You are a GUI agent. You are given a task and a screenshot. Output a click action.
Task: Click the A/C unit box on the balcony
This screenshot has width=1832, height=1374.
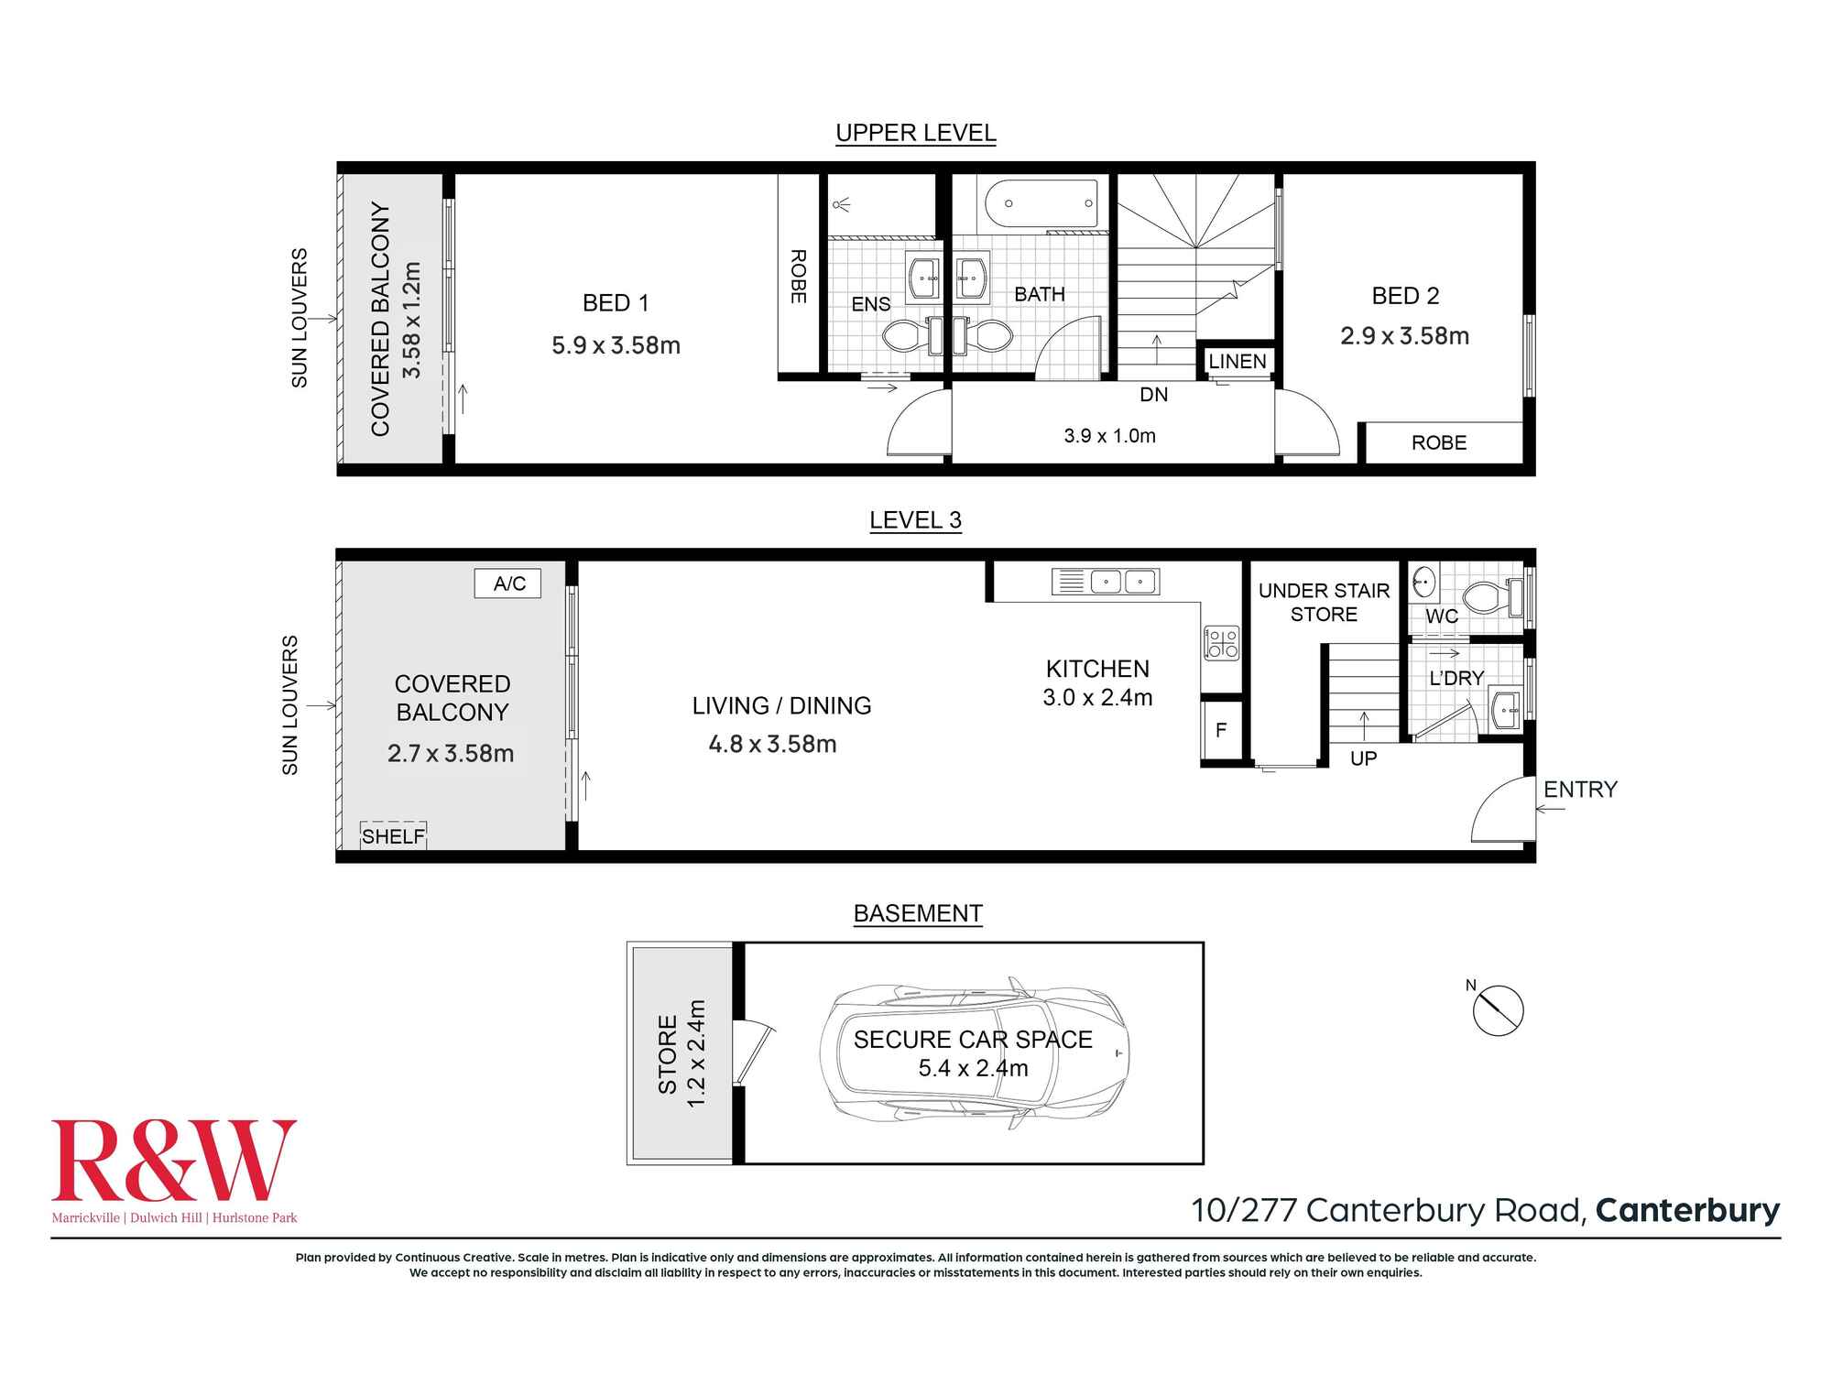(x=507, y=583)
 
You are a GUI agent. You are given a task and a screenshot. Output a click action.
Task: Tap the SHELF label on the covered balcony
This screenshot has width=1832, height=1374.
(x=393, y=835)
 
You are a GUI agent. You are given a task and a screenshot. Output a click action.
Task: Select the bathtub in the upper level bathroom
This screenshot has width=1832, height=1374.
(x=1041, y=203)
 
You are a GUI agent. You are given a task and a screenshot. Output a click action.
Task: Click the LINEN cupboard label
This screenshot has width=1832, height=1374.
(x=1237, y=362)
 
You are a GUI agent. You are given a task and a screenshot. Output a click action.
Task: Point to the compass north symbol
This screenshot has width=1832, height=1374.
(x=1497, y=1010)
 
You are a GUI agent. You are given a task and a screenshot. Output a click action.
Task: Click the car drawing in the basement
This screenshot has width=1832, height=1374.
(x=974, y=1053)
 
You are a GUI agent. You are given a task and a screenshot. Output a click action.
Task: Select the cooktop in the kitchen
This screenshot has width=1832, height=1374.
(x=1220, y=642)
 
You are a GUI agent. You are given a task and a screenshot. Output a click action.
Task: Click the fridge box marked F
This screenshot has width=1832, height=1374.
(x=1220, y=730)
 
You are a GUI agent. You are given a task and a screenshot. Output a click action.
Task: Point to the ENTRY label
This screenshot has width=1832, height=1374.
(x=1580, y=790)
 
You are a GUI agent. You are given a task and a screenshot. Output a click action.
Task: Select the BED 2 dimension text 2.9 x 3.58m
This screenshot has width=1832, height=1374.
(x=1404, y=336)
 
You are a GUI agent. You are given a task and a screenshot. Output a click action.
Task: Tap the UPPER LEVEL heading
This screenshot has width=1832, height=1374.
(x=915, y=133)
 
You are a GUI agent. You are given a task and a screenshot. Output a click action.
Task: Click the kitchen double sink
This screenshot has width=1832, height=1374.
(x=1123, y=582)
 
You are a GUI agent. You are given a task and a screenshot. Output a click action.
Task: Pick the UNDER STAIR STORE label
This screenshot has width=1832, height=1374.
(x=1324, y=603)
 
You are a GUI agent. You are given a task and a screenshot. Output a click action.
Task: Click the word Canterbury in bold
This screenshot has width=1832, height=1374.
(x=1687, y=1210)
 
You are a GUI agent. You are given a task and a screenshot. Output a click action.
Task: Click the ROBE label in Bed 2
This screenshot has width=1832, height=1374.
(x=1438, y=443)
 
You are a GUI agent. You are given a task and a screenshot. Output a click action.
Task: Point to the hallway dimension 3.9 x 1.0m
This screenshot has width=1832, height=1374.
(x=1109, y=436)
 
